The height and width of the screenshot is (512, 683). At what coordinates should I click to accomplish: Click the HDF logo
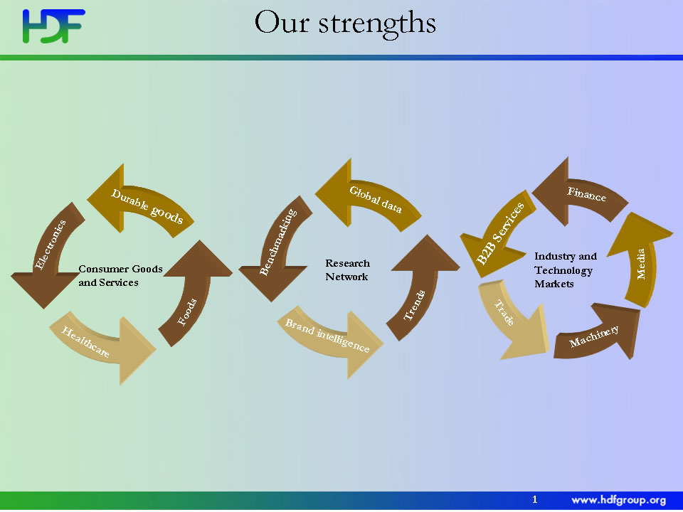point(53,26)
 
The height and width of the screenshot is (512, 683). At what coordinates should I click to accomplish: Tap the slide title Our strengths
point(345,23)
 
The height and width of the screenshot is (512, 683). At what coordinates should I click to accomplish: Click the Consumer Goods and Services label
point(120,276)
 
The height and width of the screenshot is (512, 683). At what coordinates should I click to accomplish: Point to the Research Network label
point(347,270)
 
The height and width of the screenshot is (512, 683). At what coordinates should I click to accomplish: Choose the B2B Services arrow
point(499,235)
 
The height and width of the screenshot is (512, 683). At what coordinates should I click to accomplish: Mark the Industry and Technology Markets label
point(566,270)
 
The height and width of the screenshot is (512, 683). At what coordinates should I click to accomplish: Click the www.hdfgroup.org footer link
point(618,500)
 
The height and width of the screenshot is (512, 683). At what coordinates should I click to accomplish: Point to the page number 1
point(535,499)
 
